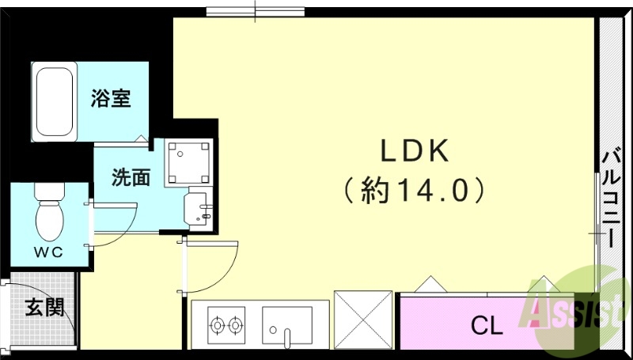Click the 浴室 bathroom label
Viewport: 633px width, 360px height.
coord(110,100)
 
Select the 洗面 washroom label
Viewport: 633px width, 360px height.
coord(131,177)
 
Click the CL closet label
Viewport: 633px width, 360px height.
coord(487,325)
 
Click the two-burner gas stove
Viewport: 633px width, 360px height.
coord(225,324)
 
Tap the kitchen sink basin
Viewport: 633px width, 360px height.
coord(286,325)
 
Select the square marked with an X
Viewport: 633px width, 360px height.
coord(363,320)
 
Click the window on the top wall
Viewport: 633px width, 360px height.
coord(256,11)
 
